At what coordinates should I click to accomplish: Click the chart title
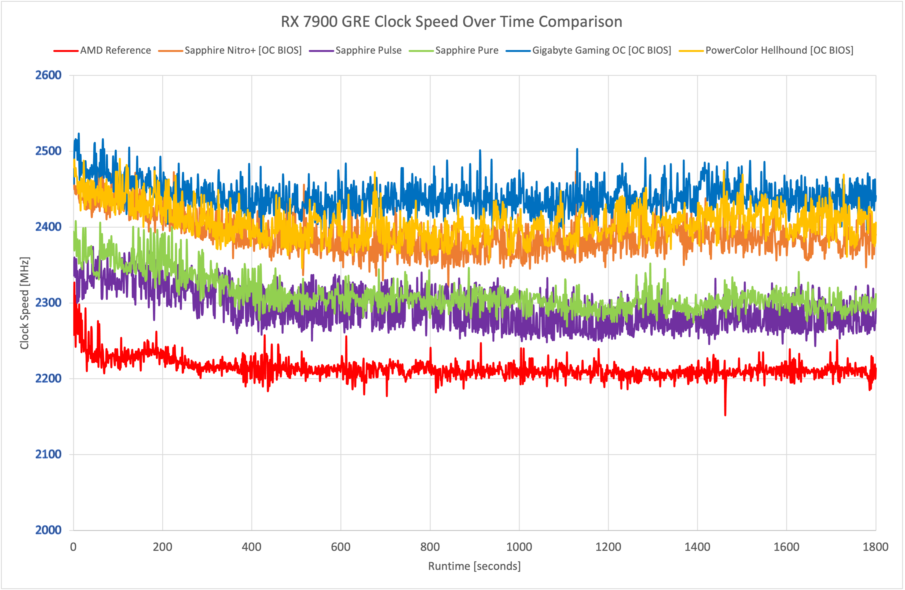click(x=451, y=22)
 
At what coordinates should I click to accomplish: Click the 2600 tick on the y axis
click(x=48, y=75)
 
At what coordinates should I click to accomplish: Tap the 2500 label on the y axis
click(x=48, y=151)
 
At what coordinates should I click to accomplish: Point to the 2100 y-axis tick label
click(x=48, y=454)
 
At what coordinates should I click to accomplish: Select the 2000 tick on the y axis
click(x=48, y=530)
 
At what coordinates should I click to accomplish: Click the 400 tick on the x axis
click(x=251, y=547)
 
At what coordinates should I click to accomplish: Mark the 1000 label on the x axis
click(x=519, y=547)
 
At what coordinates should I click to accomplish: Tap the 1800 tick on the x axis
click(x=875, y=547)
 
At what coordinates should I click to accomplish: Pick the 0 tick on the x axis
click(x=74, y=547)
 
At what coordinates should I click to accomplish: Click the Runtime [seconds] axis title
click(x=474, y=566)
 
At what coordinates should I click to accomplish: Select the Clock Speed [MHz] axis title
click(x=24, y=303)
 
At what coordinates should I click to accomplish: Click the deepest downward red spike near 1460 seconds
click(x=725, y=414)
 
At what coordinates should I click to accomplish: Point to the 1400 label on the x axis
click(x=697, y=547)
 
